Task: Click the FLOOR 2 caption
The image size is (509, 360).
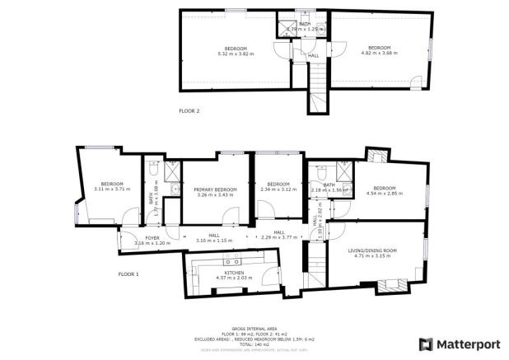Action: tap(189, 110)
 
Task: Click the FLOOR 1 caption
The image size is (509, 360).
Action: tap(128, 274)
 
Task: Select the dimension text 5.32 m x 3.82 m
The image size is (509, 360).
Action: tap(234, 53)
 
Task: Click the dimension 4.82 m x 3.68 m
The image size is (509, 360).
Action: tap(380, 53)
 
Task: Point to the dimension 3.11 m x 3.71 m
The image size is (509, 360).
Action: tap(112, 189)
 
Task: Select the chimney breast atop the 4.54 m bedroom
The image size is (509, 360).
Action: tap(377, 155)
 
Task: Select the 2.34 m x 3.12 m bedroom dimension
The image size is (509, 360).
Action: tap(278, 189)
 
